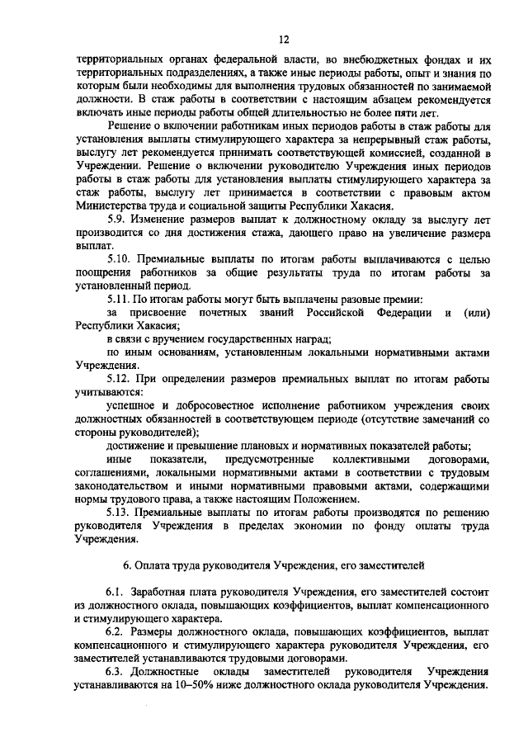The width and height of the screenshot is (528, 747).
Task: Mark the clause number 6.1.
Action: click(x=119, y=592)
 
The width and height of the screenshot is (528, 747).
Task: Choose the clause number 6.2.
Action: click(x=119, y=631)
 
